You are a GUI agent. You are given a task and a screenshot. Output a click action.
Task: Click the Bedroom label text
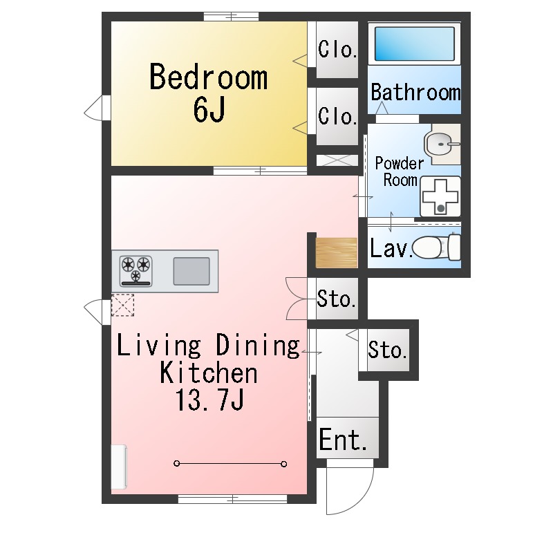208,77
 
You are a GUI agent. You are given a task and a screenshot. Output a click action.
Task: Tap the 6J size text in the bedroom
208,110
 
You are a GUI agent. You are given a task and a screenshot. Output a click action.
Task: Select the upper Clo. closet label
337,50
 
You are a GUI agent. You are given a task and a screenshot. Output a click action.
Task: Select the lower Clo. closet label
337,116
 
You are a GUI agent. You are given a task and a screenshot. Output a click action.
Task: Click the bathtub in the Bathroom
415,44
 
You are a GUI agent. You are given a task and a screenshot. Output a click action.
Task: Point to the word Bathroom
415,92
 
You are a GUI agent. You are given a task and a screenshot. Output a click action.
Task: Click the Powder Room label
399,172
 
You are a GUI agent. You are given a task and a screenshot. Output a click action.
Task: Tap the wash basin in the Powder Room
439,144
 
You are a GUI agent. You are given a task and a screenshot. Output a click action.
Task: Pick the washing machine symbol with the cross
440,196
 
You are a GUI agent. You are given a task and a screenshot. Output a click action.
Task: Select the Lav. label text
390,248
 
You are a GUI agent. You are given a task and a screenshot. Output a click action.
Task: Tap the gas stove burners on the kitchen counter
135,270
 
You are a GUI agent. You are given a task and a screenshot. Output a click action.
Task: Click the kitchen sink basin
191,270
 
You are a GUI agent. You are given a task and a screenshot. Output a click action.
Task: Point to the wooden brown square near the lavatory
336,252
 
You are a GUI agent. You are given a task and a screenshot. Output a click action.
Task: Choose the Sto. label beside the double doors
337,300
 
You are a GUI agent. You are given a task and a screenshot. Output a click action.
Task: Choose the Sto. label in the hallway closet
386,350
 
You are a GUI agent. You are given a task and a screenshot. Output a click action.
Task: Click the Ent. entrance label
343,440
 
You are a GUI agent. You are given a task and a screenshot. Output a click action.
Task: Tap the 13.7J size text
208,402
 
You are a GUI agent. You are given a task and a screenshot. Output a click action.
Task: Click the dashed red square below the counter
122,304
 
